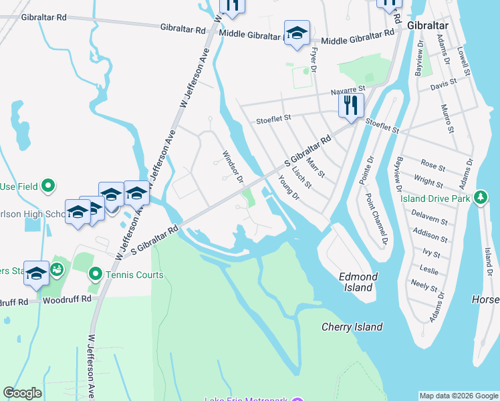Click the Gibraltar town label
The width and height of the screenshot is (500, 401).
click(x=427, y=25)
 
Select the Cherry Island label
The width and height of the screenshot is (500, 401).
click(x=352, y=327)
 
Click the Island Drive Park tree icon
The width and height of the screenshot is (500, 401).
click(x=480, y=198)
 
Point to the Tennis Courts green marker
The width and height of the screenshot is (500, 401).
click(x=96, y=273)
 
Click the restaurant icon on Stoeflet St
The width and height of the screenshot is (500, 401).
click(x=351, y=105)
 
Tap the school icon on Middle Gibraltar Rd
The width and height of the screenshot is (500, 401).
click(x=297, y=31)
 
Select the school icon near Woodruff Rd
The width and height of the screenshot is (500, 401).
click(x=36, y=273)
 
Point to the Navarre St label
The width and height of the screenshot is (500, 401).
click(x=348, y=90)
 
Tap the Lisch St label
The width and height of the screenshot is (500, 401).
click(x=301, y=174)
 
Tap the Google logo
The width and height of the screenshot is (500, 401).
click(x=22, y=393)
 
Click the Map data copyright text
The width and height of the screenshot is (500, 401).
click(x=459, y=396)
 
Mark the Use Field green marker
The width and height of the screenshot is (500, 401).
click(x=47, y=185)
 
